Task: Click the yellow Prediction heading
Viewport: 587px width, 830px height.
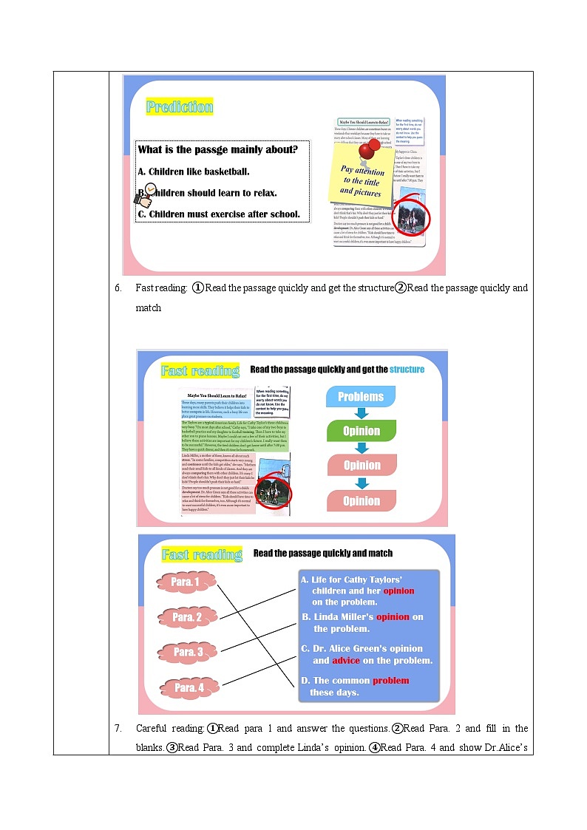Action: [x=179, y=107]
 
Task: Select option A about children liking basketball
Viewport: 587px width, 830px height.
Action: [x=194, y=171]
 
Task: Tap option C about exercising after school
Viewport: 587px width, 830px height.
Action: [x=219, y=214]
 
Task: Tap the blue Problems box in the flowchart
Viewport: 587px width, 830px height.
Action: [x=361, y=397]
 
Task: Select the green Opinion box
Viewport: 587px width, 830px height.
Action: [x=361, y=431]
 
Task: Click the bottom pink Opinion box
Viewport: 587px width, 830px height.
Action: [x=361, y=500]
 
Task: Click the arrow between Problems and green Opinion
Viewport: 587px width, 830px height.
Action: [x=361, y=414]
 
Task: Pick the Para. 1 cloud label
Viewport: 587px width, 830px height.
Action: [x=186, y=582]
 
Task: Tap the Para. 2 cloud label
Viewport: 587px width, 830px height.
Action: [x=187, y=616]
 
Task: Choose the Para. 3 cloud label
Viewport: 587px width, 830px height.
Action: [x=188, y=652]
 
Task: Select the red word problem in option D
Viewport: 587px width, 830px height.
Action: [x=390, y=681]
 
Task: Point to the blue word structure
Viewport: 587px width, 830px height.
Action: [x=407, y=369]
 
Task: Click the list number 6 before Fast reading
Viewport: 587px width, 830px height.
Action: [x=118, y=288]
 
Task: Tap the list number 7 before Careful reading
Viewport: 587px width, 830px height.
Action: [x=118, y=728]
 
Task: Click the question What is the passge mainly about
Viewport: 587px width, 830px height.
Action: [x=218, y=149]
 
